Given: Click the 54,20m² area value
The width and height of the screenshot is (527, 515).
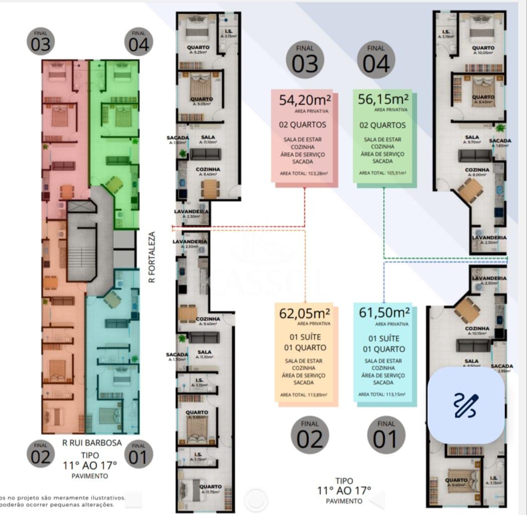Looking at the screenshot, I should [305, 100].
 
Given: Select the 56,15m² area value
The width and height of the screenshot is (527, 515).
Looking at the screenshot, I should [383, 99].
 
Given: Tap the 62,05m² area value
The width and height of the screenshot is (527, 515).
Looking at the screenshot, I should [305, 313].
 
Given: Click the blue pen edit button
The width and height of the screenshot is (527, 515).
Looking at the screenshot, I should [466, 406].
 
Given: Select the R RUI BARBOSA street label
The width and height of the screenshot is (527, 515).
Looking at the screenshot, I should [92, 443].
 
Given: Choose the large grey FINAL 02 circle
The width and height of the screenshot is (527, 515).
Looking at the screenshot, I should [310, 435].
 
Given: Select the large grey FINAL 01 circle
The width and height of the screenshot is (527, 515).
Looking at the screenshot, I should [386, 435].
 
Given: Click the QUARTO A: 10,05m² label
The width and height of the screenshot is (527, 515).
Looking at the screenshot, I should [483, 50].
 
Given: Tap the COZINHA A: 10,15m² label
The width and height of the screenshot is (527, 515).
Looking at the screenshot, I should [477, 331].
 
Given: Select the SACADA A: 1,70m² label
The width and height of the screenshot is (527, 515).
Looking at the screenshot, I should [177, 357].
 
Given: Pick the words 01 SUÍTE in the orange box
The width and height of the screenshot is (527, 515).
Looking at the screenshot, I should [305, 337].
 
